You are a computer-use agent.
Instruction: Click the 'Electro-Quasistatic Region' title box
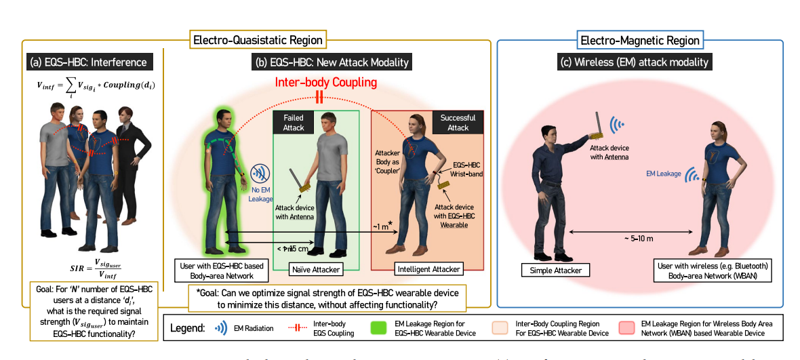[x=258, y=40]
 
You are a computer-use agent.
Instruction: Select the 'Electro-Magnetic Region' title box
[x=640, y=40]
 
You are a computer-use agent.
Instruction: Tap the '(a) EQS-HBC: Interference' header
[x=88, y=62]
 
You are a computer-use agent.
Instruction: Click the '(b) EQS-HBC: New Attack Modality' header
[x=332, y=62]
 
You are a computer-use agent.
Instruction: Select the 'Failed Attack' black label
[x=293, y=122]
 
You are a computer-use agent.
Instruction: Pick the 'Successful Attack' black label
[x=458, y=122]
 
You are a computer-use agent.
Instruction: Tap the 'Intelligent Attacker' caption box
[x=426, y=269]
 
